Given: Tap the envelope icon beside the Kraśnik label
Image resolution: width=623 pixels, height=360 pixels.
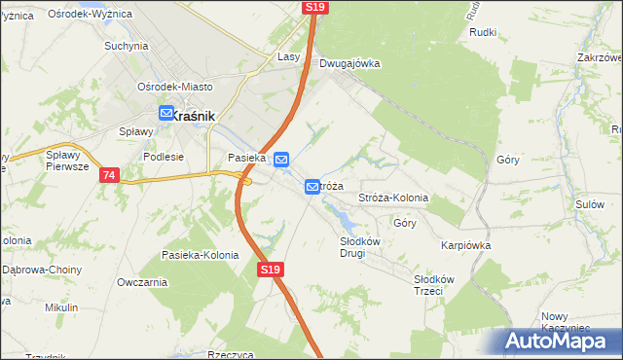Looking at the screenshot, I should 165,115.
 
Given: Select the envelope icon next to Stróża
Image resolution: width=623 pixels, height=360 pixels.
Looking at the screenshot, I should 312,186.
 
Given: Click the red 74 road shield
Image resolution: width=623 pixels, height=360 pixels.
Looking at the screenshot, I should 108,175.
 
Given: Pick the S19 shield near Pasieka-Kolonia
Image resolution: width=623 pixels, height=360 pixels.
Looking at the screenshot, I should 271,270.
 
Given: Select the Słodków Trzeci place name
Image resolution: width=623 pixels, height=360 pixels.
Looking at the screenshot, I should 428,285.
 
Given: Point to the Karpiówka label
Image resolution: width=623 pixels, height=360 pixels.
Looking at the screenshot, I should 464,245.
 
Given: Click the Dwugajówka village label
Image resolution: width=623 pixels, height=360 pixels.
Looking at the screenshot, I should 348,63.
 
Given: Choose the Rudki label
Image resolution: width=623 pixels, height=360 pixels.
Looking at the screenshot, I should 483,32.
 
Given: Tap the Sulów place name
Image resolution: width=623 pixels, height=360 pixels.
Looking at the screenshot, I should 590,204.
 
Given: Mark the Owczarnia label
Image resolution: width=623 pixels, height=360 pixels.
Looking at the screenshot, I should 142,282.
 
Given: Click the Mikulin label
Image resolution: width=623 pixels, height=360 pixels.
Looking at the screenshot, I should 61,307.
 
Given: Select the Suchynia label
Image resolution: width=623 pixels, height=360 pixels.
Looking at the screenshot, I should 126,46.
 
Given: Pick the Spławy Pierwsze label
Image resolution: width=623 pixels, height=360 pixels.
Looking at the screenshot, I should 67,160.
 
